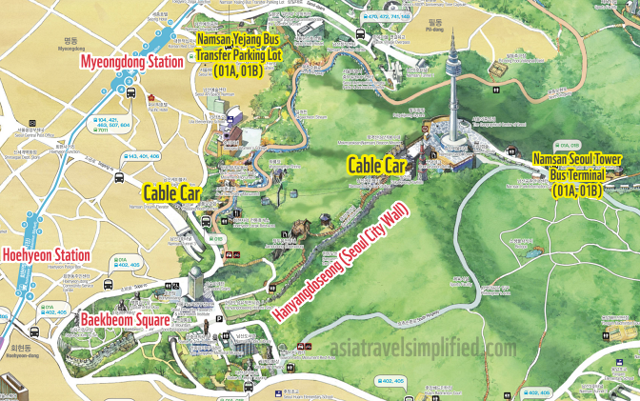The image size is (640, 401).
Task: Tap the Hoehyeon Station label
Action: click(x=46, y=255)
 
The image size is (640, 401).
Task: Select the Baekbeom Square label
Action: click(x=125, y=320)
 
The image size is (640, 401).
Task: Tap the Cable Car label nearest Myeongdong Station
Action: click(x=160, y=190)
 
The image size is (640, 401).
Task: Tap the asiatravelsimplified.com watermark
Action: click(x=420, y=349)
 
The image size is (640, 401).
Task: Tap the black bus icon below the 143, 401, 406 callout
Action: click(x=120, y=178)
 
